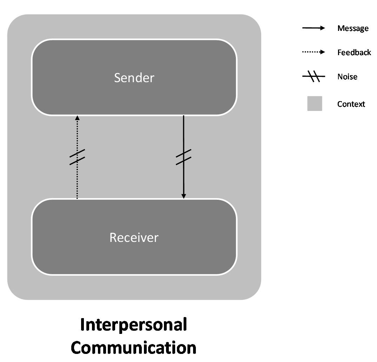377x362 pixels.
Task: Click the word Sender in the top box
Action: (x=134, y=78)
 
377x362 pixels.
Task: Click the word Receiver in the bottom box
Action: (x=134, y=238)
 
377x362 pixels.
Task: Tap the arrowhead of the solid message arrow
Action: (x=183, y=196)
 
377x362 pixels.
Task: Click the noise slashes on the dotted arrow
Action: (x=77, y=157)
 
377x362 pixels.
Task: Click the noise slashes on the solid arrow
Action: (x=183, y=157)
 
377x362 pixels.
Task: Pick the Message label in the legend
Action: (x=353, y=28)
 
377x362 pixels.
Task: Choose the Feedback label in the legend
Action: (x=354, y=53)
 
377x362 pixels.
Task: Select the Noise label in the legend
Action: (x=347, y=77)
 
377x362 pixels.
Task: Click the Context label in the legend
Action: (x=351, y=104)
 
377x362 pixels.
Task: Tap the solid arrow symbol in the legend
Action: (x=314, y=28)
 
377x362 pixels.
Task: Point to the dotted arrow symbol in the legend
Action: (x=314, y=52)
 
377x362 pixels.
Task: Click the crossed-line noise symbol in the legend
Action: (x=314, y=77)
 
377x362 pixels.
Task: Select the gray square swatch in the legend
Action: (x=315, y=104)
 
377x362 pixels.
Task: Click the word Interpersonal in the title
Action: (x=133, y=325)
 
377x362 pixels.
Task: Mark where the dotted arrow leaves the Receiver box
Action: (x=77, y=198)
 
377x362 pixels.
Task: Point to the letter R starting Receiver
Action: (x=113, y=238)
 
